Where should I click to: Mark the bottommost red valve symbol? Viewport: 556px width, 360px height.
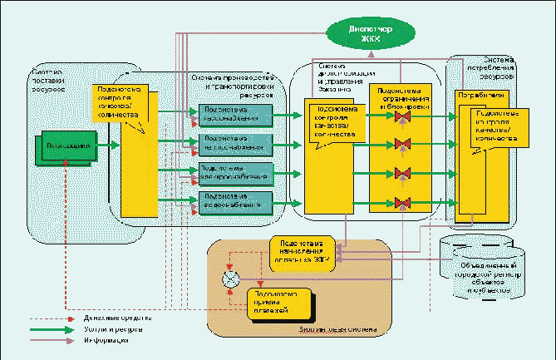(403, 202)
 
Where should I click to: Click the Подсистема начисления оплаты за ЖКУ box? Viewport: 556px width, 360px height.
(303, 248)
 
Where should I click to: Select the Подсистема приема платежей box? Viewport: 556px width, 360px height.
(278, 303)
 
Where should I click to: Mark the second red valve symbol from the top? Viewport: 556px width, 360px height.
(403, 146)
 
